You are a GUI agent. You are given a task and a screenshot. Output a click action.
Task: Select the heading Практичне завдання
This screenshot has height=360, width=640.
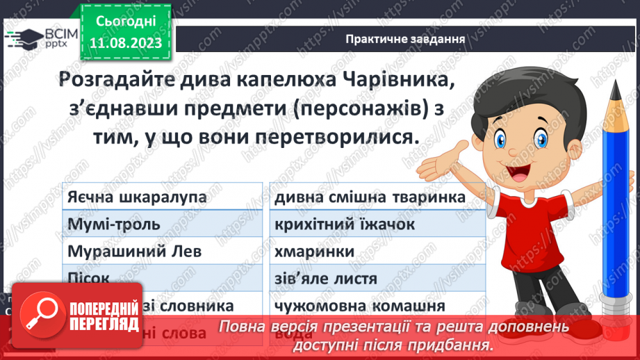[405, 38]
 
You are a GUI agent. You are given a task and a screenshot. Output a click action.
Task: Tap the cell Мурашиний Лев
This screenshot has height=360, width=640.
[134, 252]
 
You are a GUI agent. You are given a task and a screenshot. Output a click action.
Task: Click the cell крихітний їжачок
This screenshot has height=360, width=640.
[345, 224]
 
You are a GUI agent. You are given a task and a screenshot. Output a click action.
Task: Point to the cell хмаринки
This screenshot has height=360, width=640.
[311, 252]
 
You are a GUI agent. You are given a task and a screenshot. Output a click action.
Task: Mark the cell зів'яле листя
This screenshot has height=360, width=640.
[326, 279]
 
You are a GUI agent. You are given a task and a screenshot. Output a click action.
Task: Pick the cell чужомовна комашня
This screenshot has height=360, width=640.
[359, 306]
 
